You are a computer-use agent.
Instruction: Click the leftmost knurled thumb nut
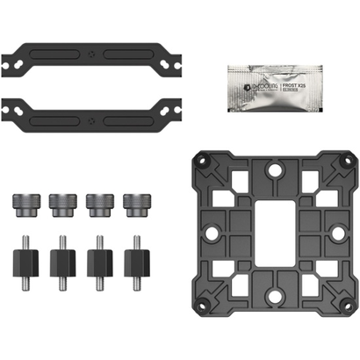24,204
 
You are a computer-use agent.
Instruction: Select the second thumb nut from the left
61,204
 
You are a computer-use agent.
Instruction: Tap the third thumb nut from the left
98,204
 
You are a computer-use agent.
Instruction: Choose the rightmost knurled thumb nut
135,204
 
